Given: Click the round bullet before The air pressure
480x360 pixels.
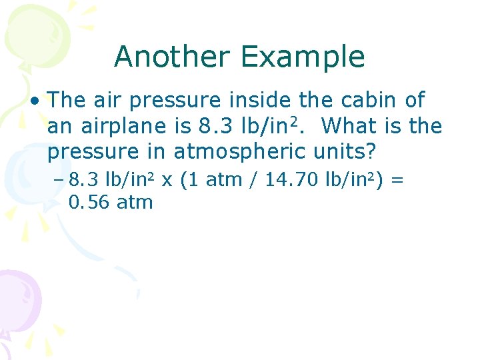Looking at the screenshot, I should (x=33, y=101).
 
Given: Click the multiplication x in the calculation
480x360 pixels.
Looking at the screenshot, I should (x=167, y=179).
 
